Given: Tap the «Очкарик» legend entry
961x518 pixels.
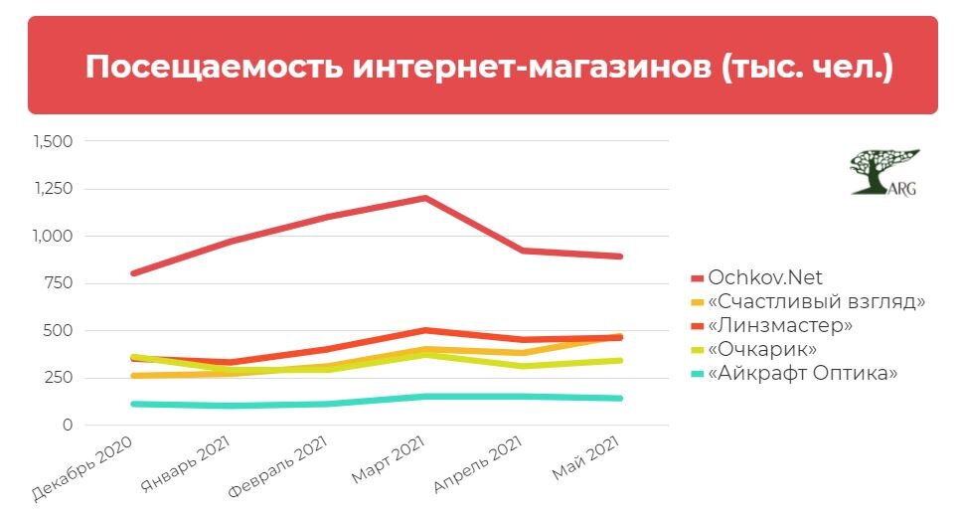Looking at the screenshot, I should pyautogui.click(x=761, y=350).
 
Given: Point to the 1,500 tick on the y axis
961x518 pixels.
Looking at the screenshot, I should pyautogui.click(x=54, y=142).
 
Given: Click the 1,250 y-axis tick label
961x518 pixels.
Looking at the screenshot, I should pyautogui.click(x=54, y=189).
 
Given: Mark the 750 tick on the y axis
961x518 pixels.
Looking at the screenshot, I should pyautogui.click(x=60, y=283).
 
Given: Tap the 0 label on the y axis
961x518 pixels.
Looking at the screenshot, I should pyautogui.click(x=68, y=425).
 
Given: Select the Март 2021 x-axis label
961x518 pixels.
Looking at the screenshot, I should pyautogui.click(x=389, y=461).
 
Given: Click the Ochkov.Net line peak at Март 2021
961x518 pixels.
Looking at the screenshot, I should pyautogui.click(x=425, y=198).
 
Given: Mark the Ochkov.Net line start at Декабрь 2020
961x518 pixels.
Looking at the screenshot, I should pyautogui.click(x=132, y=273).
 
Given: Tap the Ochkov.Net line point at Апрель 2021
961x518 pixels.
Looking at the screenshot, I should pyautogui.click(x=523, y=251).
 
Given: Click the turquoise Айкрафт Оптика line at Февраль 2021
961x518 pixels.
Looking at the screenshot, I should pyautogui.click(x=328, y=404).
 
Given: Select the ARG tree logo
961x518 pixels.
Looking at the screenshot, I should pyautogui.click(x=882, y=173).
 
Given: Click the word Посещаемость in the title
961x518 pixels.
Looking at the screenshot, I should pyautogui.click(x=215, y=67).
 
